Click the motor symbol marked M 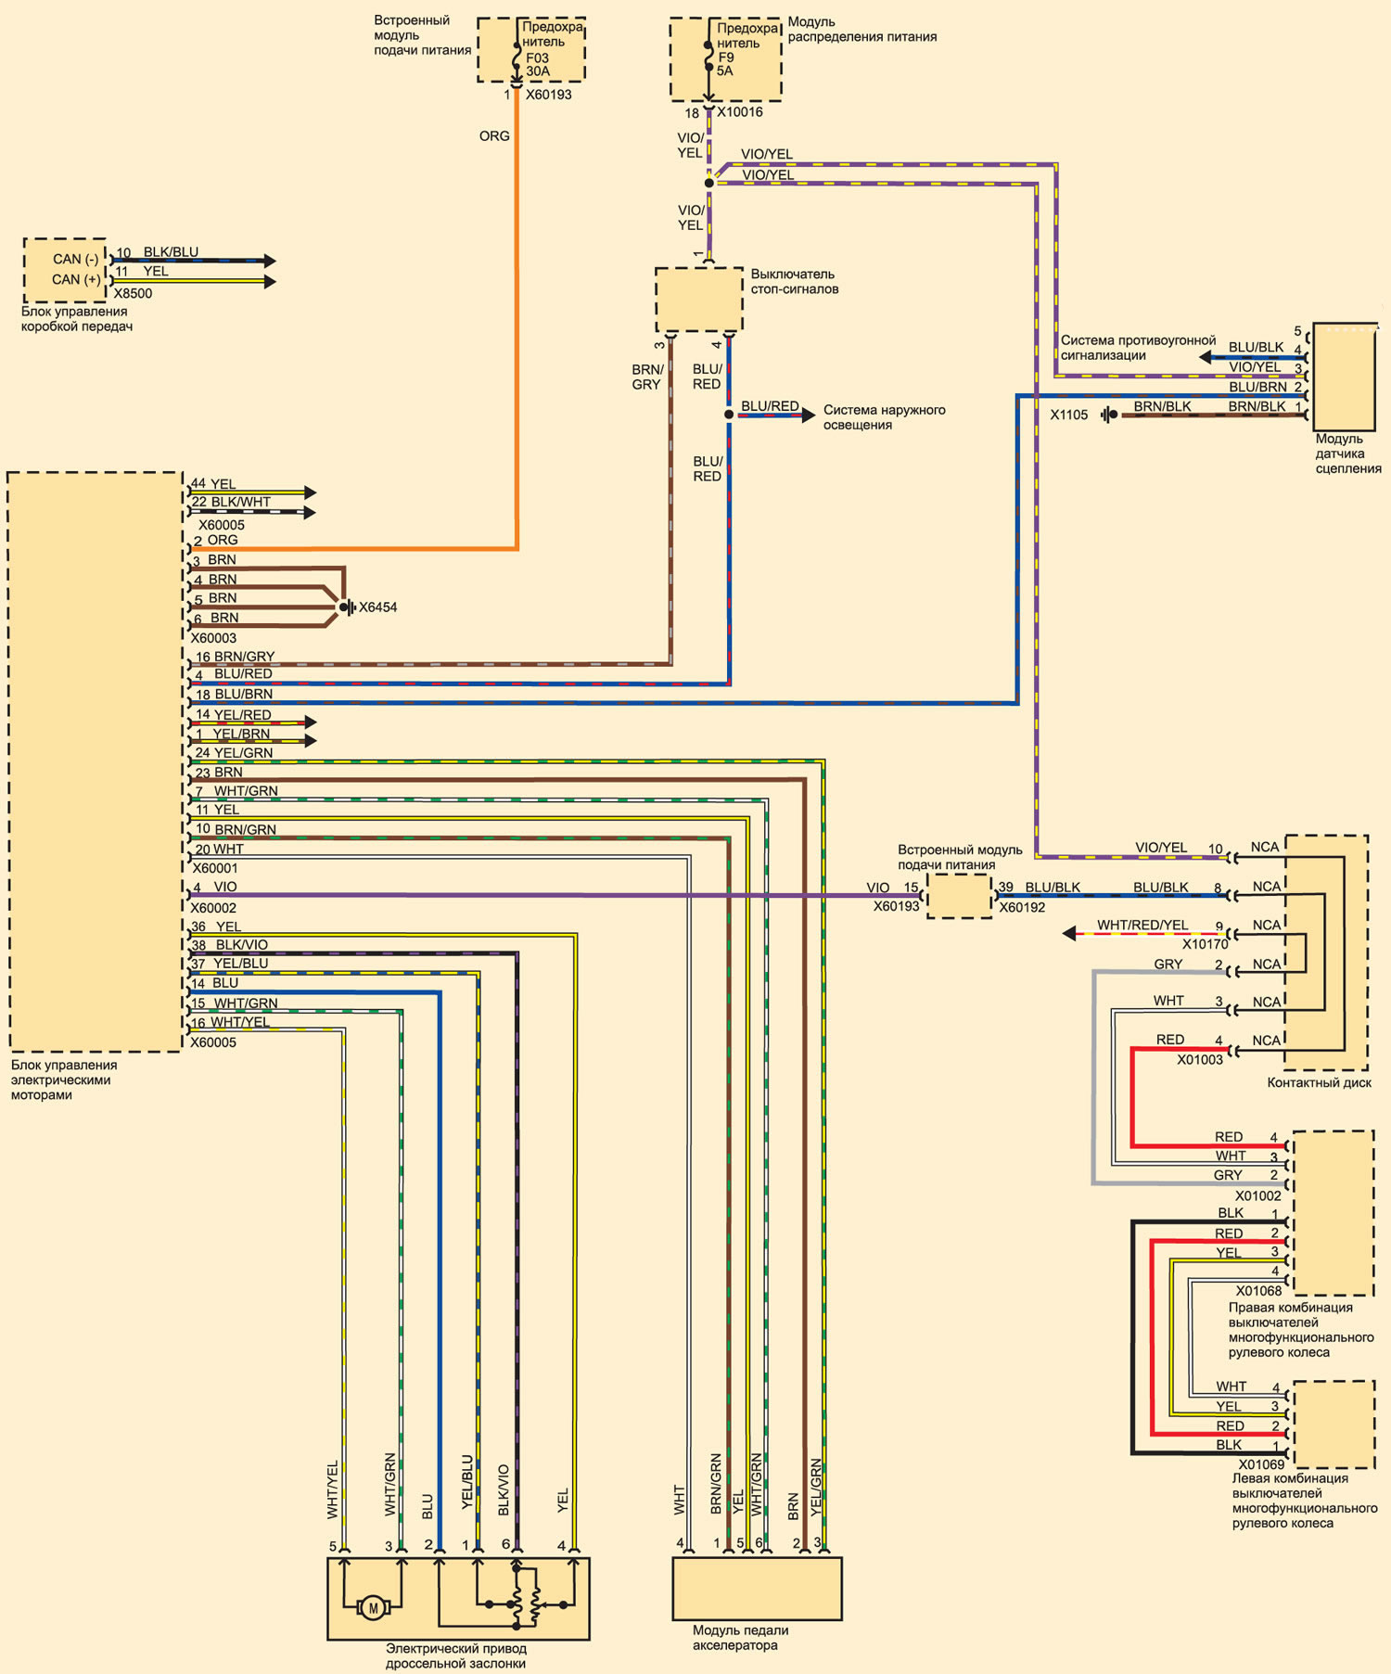coord(373,1608)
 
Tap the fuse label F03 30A coord(538,64)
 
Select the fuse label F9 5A coord(725,64)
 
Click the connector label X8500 coord(133,293)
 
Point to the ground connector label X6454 coord(378,607)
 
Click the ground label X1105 coord(1069,415)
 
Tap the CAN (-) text coord(75,259)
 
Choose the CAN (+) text coord(76,279)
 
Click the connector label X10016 coord(740,112)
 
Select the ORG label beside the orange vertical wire coord(494,135)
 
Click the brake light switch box coord(699,300)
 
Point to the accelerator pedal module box coord(757,1589)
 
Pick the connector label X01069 coord(1261,1465)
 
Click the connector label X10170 coord(1206,944)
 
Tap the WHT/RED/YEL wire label coord(1142,925)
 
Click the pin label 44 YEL coord(213,484)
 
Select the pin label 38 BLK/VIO coord(229,945)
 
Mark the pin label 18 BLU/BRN coord(234,694)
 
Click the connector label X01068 coord(1258,1291)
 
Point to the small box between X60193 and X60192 coord(959,896)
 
